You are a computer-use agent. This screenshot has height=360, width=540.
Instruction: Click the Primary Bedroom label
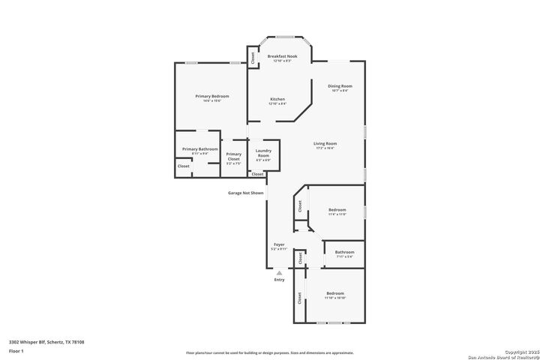click(x=211, y=96)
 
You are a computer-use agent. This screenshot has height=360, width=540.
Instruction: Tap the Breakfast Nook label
click(x=282, y=57)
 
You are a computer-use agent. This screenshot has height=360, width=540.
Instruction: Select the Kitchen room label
click(x=277, y=99)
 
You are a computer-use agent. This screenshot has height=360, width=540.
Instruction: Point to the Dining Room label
click(x=340, y=86)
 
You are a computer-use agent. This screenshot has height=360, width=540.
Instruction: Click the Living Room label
click(x=325, y=143)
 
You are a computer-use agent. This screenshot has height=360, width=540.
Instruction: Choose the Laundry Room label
click(x=263, y=153)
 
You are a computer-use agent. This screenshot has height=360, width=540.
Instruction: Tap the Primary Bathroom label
click(x=199, y=149)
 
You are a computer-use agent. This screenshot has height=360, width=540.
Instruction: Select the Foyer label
click(x=278, y=244)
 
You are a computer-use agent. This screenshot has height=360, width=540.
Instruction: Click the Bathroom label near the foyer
click(x=344, y=252)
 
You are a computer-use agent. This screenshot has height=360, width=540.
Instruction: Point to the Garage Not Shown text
click(x=246, y=193)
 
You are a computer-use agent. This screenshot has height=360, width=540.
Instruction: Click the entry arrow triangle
click(x=279, y=273)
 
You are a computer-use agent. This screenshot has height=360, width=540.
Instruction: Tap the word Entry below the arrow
click(x=279, y=280)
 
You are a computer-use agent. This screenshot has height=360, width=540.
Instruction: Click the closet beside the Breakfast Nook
click(x=252, y=57)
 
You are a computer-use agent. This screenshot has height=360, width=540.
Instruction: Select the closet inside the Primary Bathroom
click(x=184, y=166)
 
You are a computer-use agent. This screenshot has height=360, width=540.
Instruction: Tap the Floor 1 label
click(x=16, y=350)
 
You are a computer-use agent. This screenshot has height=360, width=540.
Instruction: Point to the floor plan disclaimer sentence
click(x=269, y=352)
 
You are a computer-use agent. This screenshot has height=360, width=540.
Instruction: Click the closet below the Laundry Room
click(x=257, y=174)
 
